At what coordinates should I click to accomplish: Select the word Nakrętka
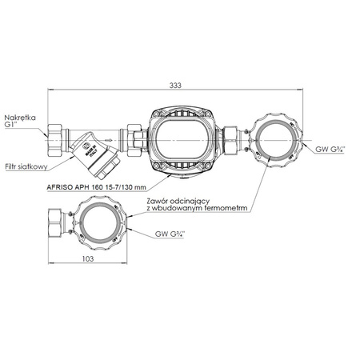point(21,115)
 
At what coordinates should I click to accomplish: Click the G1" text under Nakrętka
point(13,124)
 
